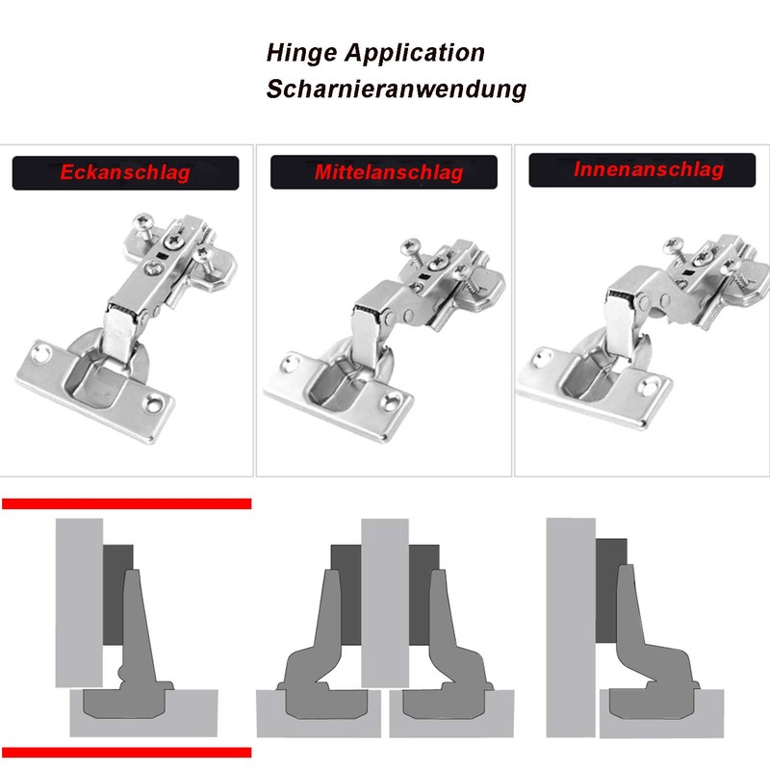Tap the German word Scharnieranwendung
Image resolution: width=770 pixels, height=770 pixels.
[397, 90]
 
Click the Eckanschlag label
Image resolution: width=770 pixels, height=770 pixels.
[125, 173]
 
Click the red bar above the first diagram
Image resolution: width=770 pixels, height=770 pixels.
[126, 503]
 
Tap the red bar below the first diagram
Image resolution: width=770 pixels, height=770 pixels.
[126, 753]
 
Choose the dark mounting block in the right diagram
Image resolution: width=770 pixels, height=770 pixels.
[607, 592]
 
